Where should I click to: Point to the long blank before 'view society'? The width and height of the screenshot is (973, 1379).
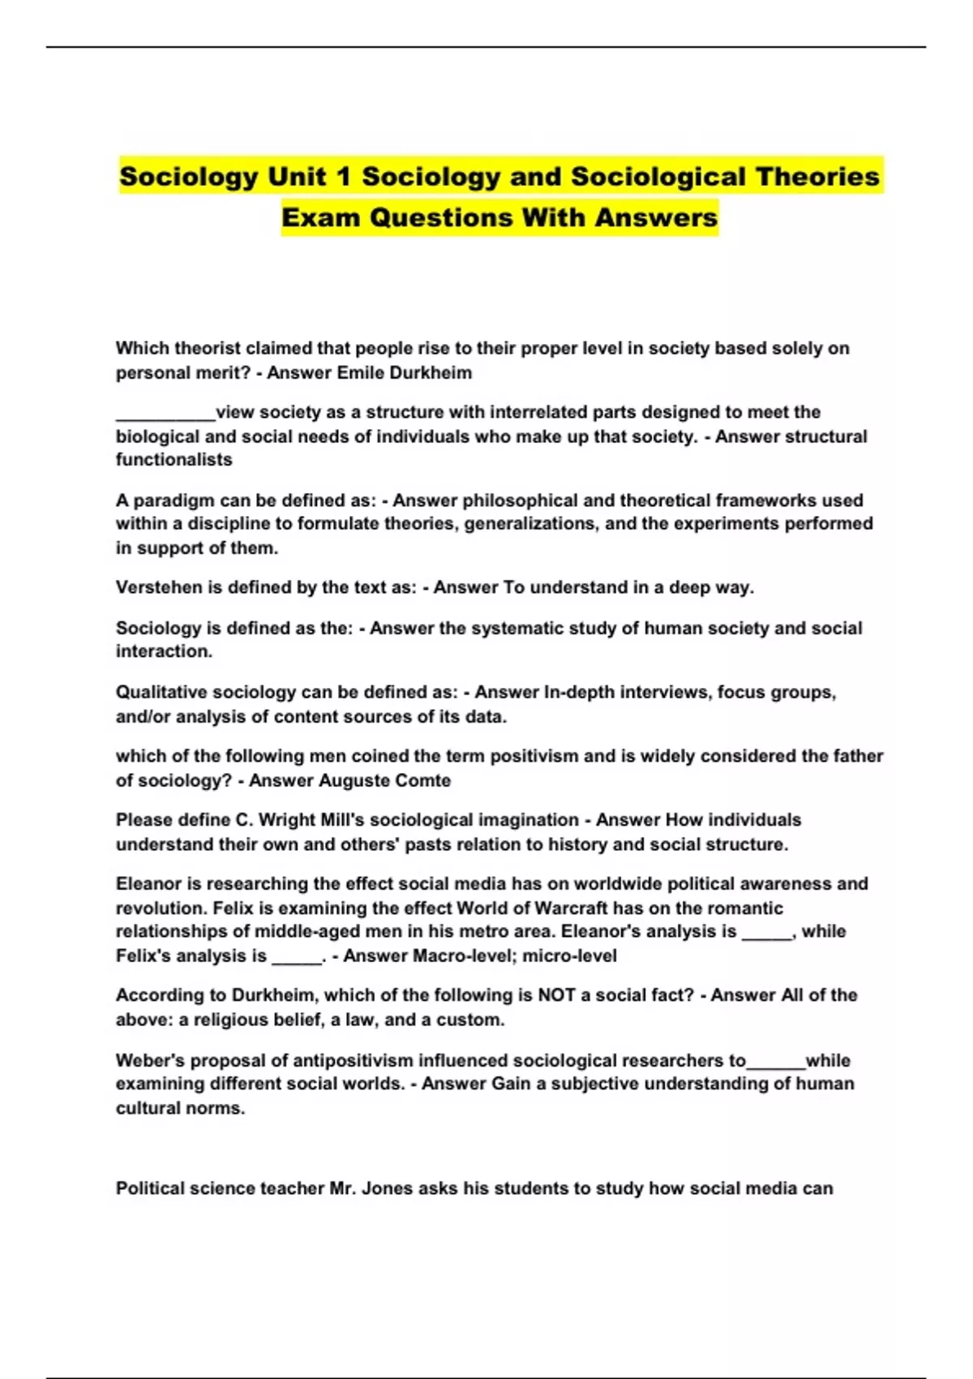pos(165,414)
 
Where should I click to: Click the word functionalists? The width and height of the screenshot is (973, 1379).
pos(174,460)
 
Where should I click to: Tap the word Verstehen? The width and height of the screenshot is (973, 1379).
pos(158,587)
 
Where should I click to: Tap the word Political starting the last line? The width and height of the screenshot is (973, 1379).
pos(152,1189)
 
